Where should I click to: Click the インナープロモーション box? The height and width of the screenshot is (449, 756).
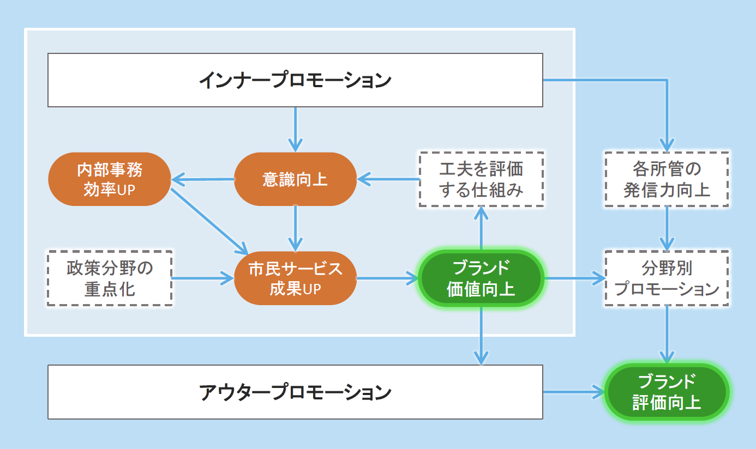[x=295, y=80]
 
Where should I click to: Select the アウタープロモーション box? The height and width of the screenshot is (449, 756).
[x=295, y=392]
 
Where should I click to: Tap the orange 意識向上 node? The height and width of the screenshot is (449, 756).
[x=295, y=179]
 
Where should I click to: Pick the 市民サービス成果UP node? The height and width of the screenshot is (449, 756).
[x=295, y=278]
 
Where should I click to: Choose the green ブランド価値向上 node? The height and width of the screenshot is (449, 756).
[x=481, y=278]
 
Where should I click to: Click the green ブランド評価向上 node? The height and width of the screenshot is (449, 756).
[x=667, y=392]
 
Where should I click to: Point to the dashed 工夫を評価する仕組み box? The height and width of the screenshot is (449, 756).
[x=481, y=179]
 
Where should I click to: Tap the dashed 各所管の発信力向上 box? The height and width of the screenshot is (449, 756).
[x=667, y=179]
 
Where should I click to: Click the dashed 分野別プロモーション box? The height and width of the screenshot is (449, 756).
[x=667, y=278]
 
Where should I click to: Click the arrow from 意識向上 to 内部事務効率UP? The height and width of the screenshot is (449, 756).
[x=202, y=179]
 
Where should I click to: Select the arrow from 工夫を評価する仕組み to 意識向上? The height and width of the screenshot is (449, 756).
[x=388, y=179]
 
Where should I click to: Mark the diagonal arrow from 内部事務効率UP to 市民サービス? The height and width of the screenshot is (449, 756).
[x=207, y=221]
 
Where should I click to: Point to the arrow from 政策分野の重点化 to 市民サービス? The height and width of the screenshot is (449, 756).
[x=202, y=278]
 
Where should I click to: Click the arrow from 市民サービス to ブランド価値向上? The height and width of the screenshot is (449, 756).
[x=387, y=278]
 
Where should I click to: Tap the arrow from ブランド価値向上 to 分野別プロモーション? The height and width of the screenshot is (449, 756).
[x=573, y=278]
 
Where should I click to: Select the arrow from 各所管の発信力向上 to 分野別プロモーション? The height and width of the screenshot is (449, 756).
[x=667, y=228]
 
